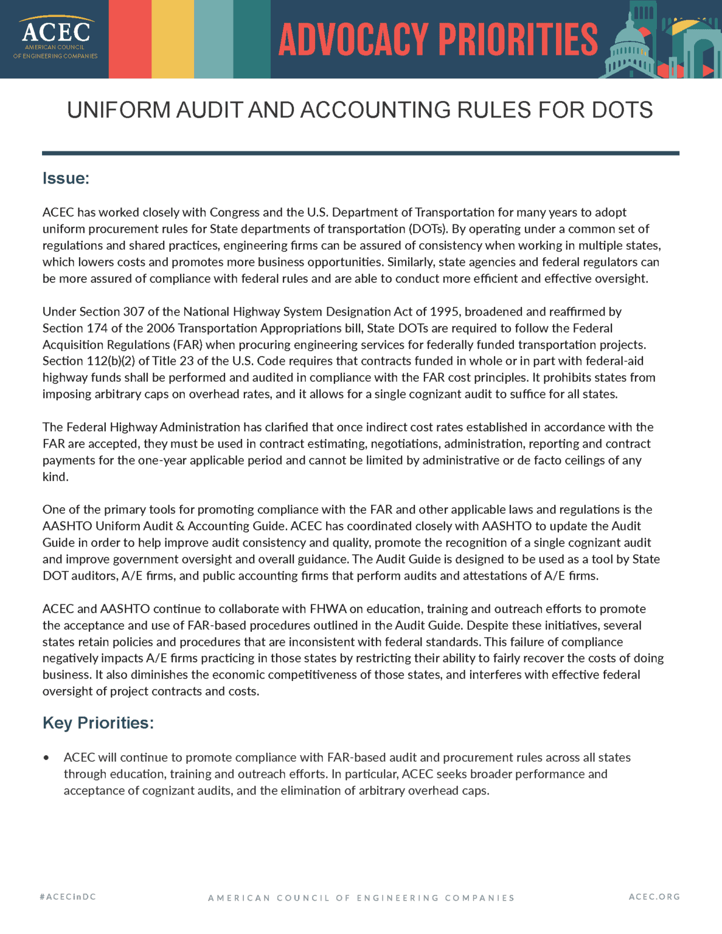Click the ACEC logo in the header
[55, 38]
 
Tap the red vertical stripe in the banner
[130, 39]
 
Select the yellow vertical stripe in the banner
[173, 39]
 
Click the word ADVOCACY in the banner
[353, 40]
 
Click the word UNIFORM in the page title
[119, 110]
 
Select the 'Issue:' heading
[66, 178]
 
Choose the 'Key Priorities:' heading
[98, 722]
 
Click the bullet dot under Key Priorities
[46, 758]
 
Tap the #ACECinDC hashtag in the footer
[68, 896]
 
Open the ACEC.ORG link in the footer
[654, 896]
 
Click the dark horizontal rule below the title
[360, 153]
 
